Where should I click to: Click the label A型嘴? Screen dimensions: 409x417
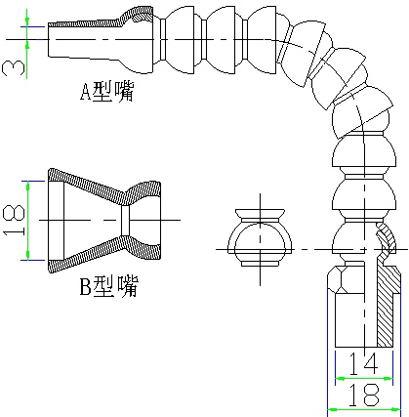click(x=107, y=91)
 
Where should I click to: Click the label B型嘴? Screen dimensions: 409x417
click(x=109, y=286)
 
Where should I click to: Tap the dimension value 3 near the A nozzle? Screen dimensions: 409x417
click(x=14, y=68)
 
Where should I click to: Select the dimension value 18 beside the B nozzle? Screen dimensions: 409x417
click(x=14, y=221)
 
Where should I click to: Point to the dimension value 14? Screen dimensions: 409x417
click(x=363, y=363)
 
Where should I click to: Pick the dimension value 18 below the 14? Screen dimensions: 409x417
click(x=364, y=395)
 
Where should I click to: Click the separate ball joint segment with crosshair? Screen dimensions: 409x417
click(x=260, y=237)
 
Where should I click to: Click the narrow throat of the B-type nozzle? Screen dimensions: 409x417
click(x=126, y=221)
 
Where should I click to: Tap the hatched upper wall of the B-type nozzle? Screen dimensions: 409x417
click(x=104, y=188)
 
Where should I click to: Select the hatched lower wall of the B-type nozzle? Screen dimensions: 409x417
click(x=104, y=254)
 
